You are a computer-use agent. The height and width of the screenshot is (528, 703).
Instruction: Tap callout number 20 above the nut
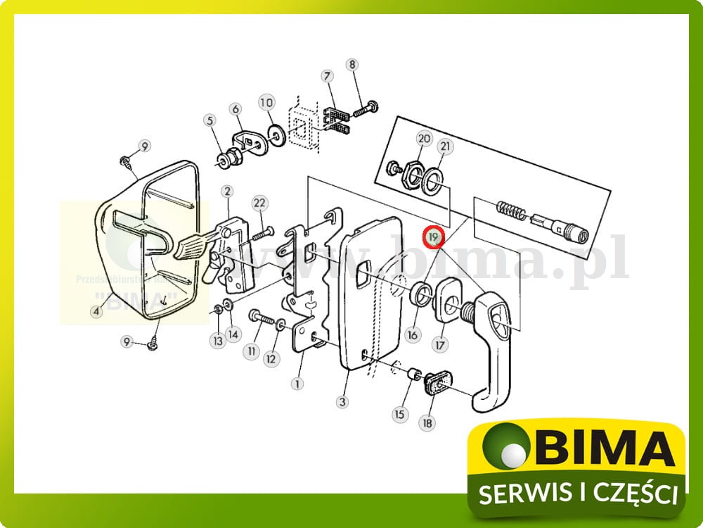tap(423, 139)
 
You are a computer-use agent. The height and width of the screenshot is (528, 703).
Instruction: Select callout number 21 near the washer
tap(445, 146)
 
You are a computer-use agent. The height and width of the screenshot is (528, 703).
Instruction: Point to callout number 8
tap(352, 65)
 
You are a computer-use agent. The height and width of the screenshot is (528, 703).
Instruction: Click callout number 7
tap(327, 77)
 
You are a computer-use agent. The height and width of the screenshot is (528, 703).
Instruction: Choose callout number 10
tap(265, 103)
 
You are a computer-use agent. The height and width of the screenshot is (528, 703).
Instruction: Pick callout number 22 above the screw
tap(260, 203)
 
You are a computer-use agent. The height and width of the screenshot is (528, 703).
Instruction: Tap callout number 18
tap(427, 423)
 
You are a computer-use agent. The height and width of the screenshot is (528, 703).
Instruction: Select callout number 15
tap(399, 415)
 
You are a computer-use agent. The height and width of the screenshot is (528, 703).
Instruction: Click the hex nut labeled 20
tap(410, 173)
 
